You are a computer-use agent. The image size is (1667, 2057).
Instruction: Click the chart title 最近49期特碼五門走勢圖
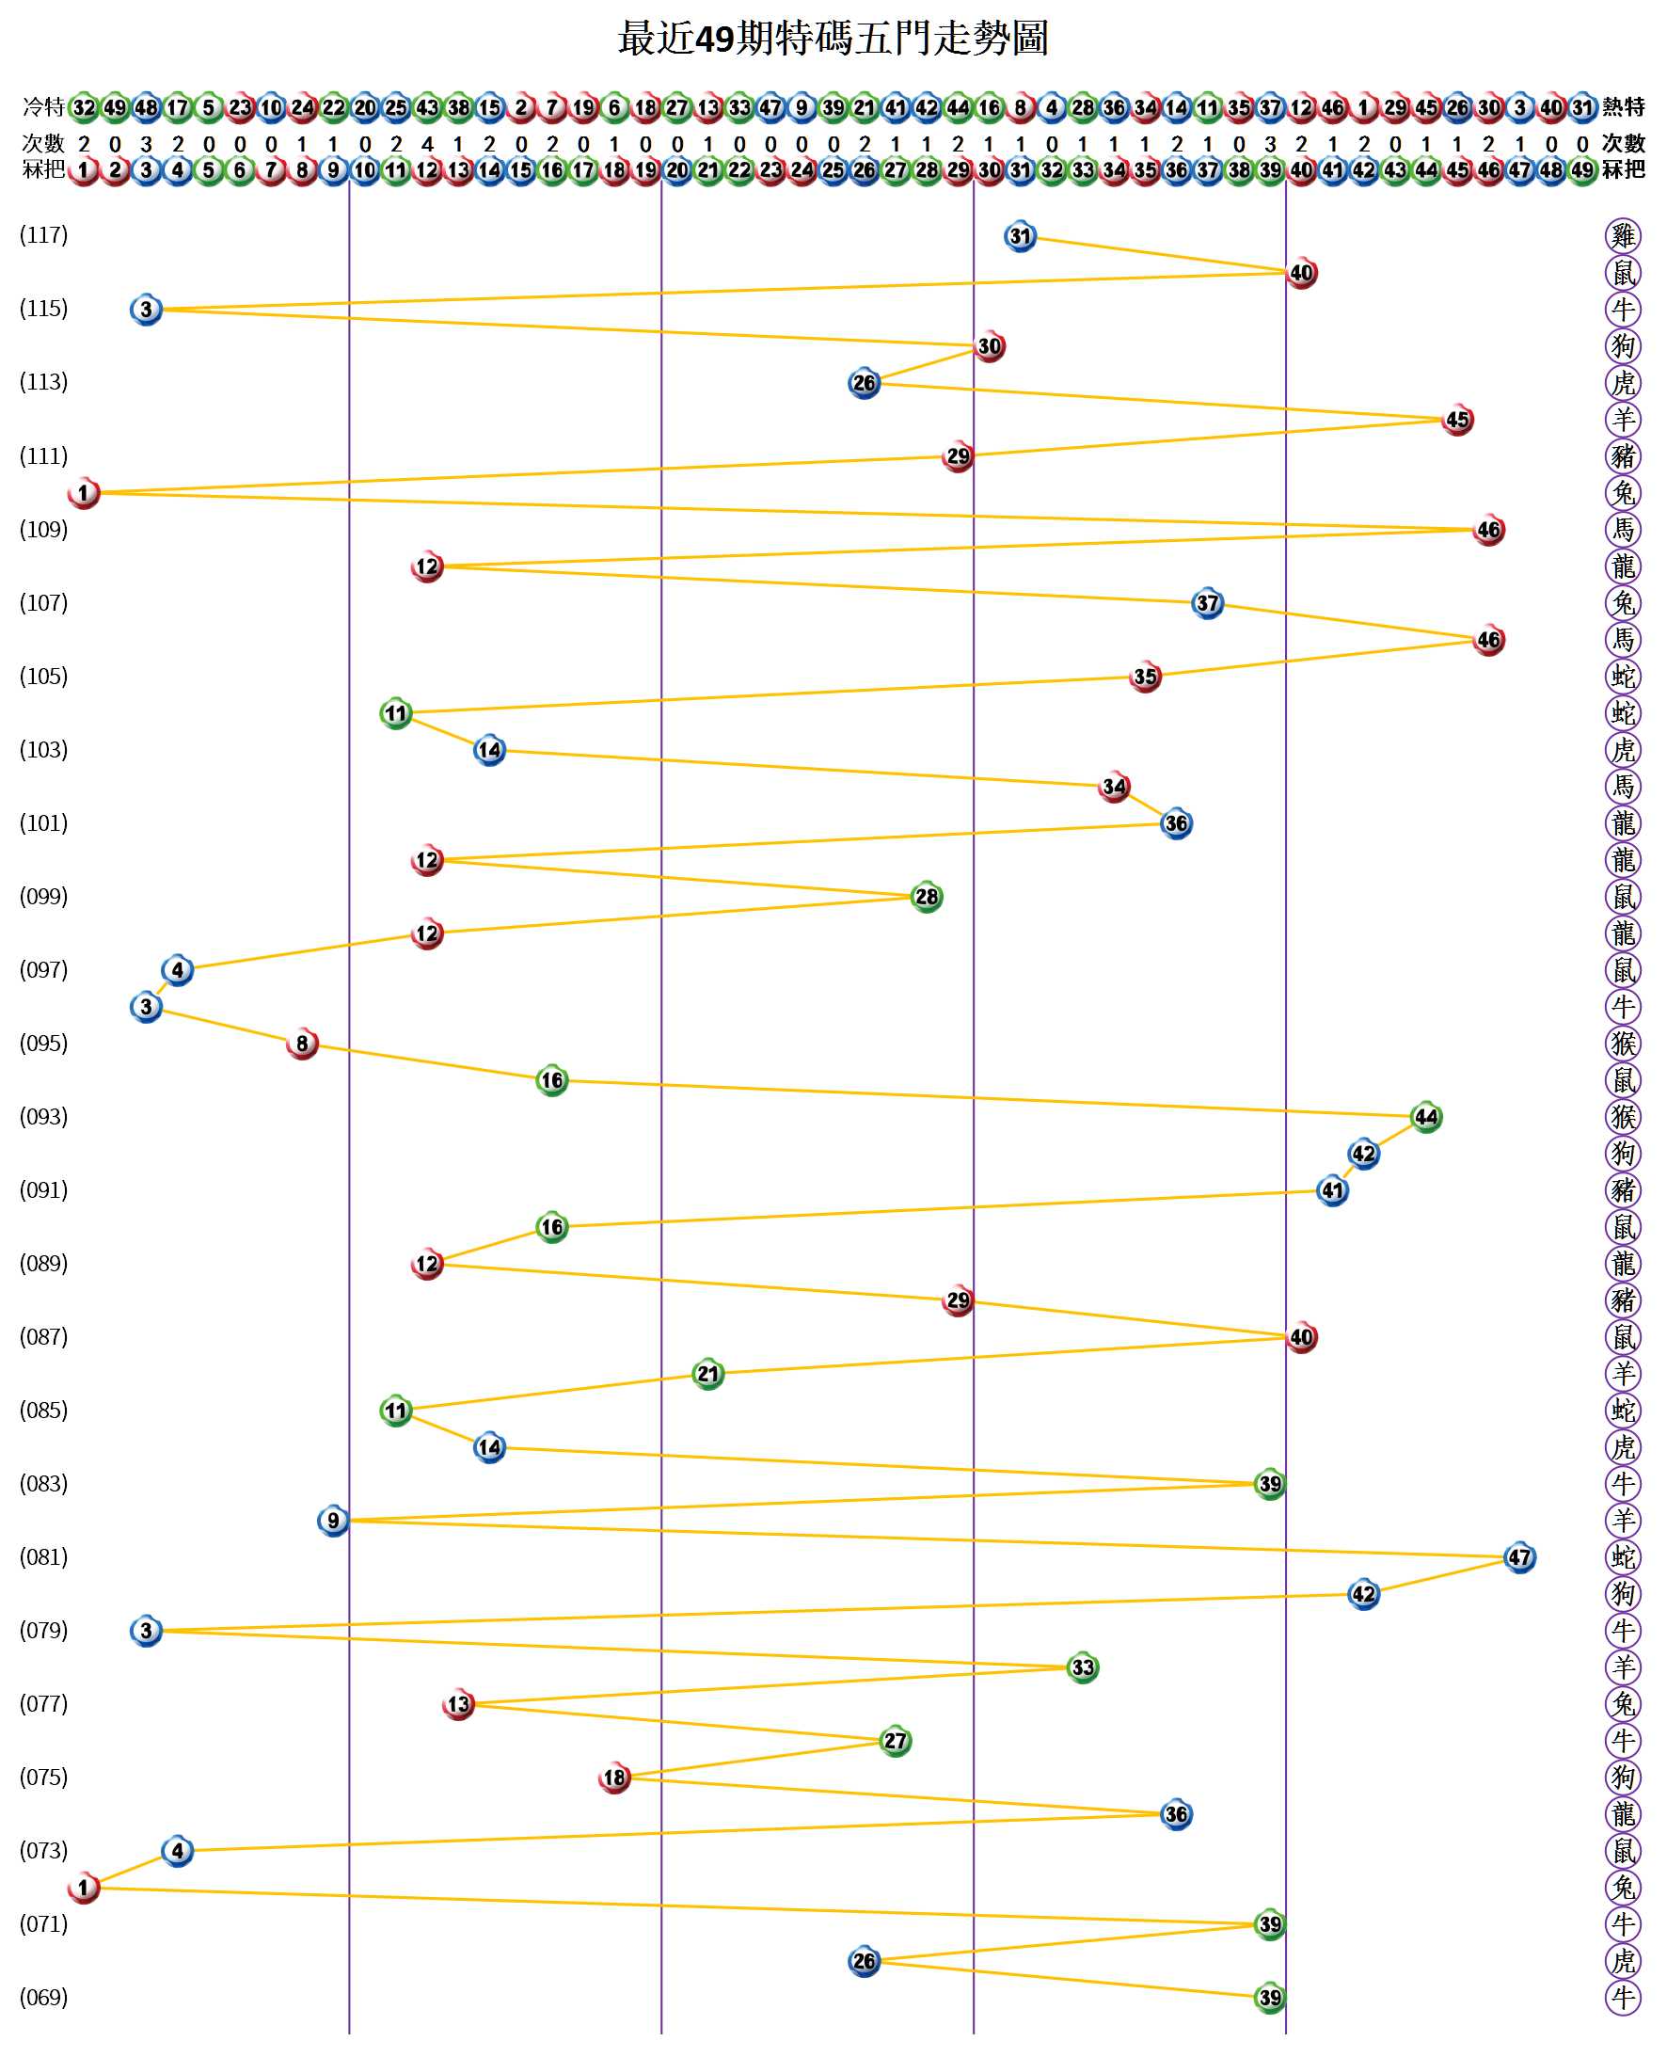[833, 40]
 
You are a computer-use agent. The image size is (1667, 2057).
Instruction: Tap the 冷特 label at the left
[43, 106]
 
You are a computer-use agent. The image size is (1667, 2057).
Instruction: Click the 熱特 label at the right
[1623, 106]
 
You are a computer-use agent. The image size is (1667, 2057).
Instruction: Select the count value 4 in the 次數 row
[427, 144]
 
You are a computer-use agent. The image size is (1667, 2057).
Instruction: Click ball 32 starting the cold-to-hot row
[85, 106]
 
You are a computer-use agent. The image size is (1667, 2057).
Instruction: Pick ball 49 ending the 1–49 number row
[1581, 170]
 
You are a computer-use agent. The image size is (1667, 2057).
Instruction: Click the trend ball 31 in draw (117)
[1020, 236]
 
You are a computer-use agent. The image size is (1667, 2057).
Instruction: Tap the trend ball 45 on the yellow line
[1456, 420]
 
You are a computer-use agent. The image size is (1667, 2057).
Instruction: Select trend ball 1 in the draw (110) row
[85, 494]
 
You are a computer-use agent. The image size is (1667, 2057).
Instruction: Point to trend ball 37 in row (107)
[1207, 603]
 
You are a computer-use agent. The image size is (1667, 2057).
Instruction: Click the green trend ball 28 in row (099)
[927, 897]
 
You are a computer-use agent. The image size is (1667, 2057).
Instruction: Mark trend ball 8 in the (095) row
[303, 1044]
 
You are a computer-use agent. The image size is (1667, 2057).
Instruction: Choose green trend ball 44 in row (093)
[1426, 1117]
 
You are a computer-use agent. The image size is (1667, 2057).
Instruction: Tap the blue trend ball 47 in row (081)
[1519, 1557]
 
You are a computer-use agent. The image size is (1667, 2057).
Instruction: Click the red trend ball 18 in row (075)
[614, 1778]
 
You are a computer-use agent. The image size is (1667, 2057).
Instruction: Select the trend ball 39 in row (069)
[1269, 1998]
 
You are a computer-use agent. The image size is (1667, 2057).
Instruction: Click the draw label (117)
[44, 235]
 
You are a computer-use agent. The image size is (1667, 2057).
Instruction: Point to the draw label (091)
[44, 1190]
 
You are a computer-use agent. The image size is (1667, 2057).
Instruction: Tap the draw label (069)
[44, 1998]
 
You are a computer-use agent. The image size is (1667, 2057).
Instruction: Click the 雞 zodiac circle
[1623, 235]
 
